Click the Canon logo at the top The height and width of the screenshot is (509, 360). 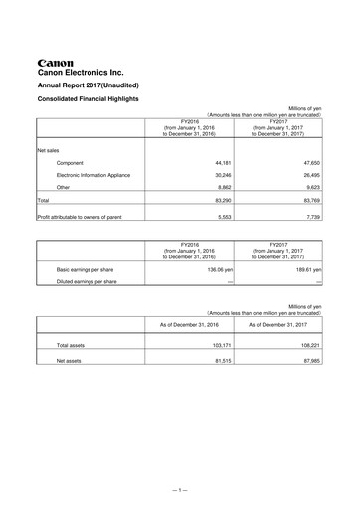[x=56, y=60]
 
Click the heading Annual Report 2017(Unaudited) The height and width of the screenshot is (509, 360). [x=94, y=85]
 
